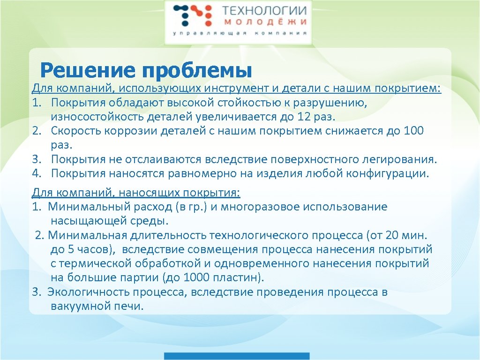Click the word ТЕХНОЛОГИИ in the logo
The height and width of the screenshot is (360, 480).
[x=264, y=11]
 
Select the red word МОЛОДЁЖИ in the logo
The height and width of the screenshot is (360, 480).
[x=265, y=22]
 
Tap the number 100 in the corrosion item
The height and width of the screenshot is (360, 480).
[x=413, y=130]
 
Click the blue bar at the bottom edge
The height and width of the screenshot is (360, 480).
[x=240, y=356]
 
